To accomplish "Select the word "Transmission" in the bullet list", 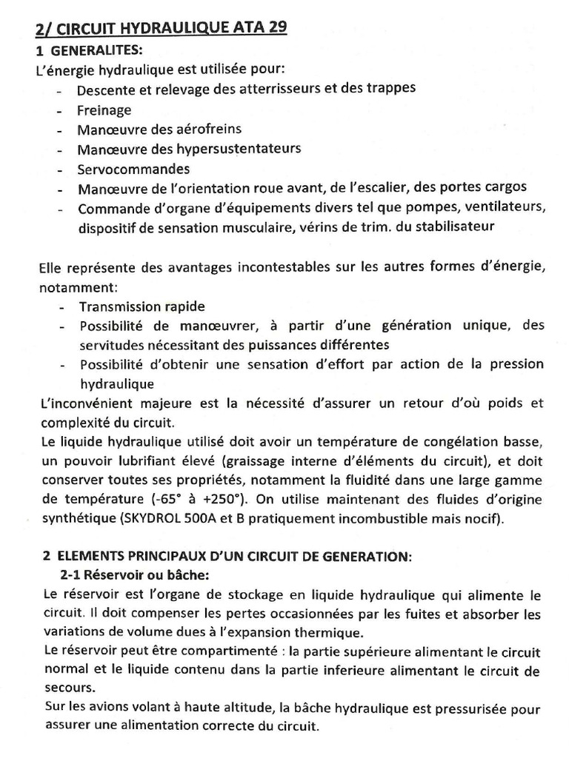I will (116, 306).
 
